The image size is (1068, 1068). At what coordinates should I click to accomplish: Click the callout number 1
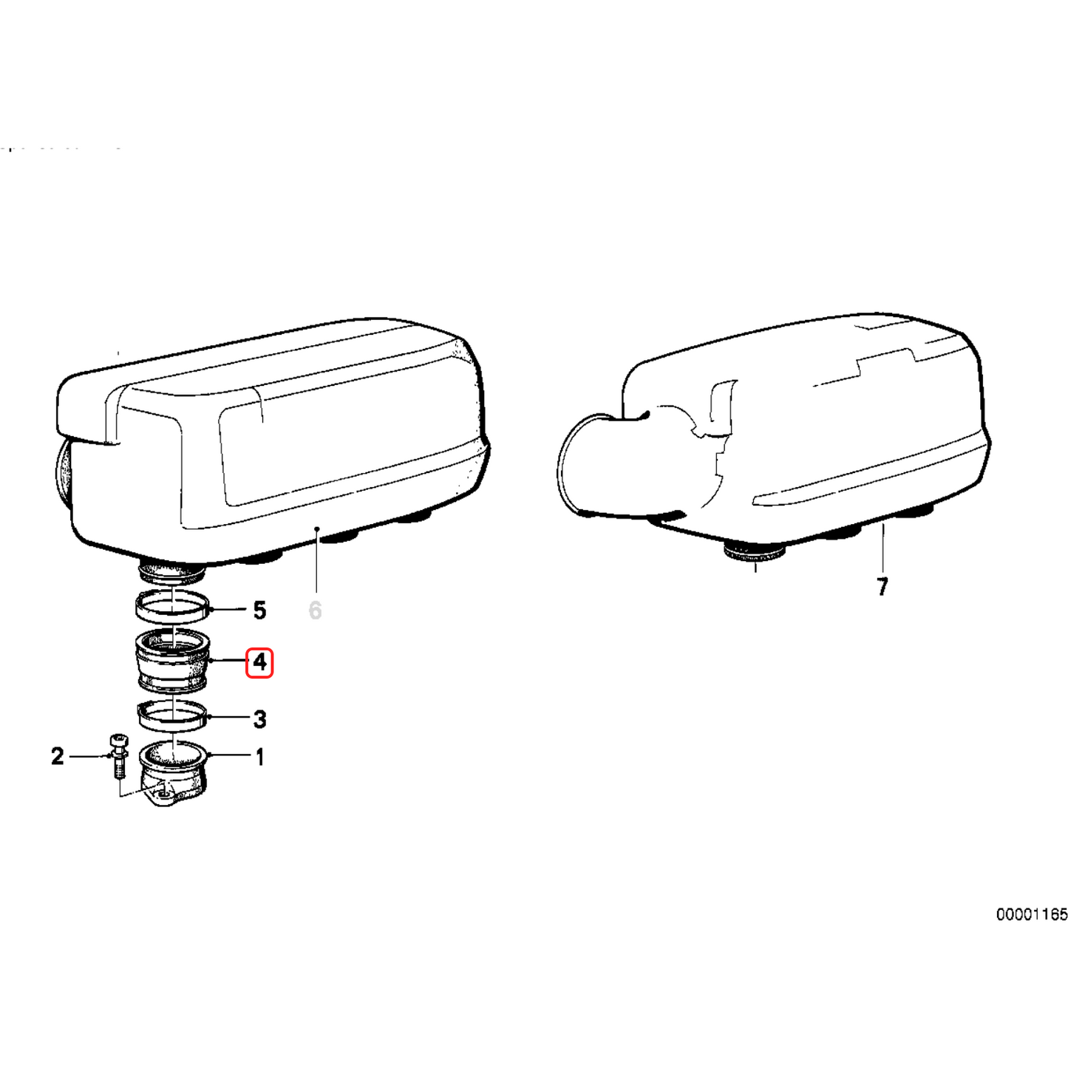pos(259,757)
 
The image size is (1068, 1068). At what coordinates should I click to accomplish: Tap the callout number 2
pos(58,756)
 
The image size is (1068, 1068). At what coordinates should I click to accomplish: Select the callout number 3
pos(259,718)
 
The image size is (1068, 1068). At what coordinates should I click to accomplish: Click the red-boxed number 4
pos(259,662)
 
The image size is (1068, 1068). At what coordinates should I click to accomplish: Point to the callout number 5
pos(259,610)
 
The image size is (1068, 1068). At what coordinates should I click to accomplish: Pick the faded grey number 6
pos(316,610)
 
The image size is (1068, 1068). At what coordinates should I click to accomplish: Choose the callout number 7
pos(882,587)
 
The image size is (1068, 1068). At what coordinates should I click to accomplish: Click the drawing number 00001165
pos(1032,915)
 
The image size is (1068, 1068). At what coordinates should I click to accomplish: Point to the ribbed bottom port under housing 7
pos(754,551)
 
